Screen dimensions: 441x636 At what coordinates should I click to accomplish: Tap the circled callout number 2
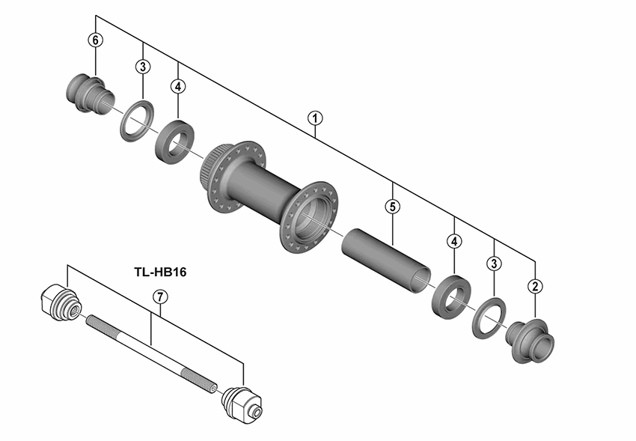(x=535, y=285)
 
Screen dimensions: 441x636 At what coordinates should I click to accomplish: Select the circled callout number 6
(x=95, y=40)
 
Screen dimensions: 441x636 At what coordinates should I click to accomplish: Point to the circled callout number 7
(x=159, y=296)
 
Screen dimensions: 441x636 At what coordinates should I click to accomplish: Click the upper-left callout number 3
(x=142, y=67)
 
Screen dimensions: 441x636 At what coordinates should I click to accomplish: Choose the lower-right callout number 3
(x=495, y=263)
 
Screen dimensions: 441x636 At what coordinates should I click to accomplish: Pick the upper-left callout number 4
(x=177, y=86)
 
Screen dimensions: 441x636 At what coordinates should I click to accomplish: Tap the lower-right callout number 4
(x=454, y=241)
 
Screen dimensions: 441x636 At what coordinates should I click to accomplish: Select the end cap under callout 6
(x=90, y=91)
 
